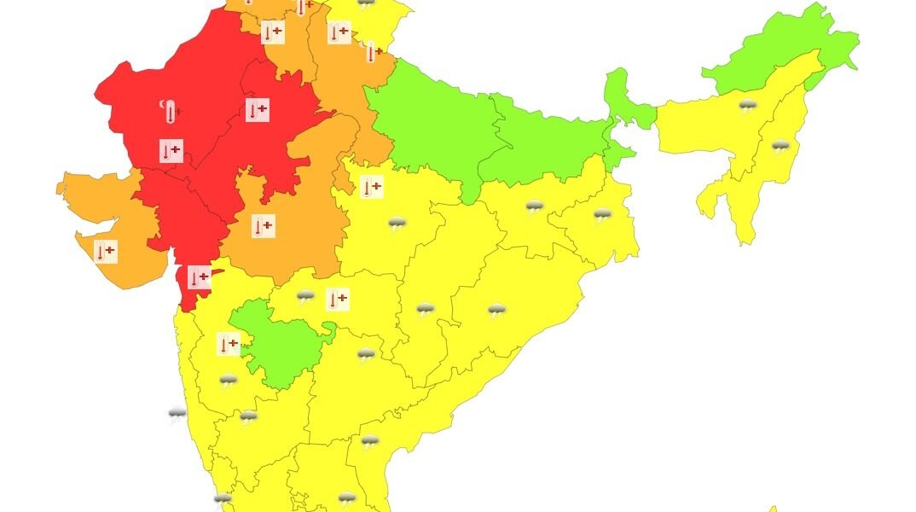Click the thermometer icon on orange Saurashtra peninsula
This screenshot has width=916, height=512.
[106, 252]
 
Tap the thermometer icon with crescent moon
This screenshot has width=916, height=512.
[171, 111]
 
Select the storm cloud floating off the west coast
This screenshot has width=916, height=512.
[177, 415]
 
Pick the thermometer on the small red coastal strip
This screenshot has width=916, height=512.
[199, 277]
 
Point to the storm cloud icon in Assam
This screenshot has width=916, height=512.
[748, 107]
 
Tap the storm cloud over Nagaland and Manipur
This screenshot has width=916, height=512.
[780, 147]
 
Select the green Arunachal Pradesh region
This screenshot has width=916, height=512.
[785, 51]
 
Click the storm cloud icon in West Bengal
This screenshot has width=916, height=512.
[602, 215]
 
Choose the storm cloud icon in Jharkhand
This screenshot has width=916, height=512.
[535, 207]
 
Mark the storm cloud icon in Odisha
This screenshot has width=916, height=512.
[496, 311]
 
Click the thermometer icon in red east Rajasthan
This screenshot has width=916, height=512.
[257, 109]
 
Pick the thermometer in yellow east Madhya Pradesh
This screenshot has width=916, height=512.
[371, 187]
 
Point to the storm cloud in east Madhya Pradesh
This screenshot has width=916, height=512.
[397, 224]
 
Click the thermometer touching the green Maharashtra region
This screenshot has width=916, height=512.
[229, 344]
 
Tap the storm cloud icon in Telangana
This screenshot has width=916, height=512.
[366, 354]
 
